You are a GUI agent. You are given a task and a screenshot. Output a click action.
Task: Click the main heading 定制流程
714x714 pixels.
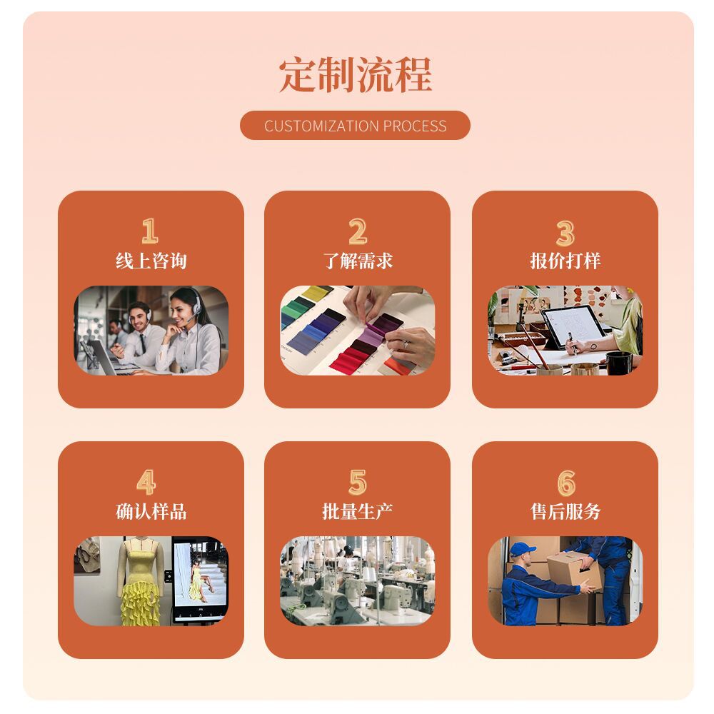[x=355, y=75]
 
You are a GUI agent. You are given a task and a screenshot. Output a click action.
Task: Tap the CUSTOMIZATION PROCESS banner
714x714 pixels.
[x=355, y=125]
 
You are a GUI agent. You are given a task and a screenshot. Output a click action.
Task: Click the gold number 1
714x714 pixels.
[x=150, y=231]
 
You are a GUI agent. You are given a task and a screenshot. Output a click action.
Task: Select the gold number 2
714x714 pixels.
[x=358, y=231]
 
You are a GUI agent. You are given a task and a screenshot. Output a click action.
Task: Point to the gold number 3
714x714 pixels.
[x=565, y=233]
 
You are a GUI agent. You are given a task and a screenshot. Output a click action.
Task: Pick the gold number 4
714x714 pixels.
[x=146, y=482]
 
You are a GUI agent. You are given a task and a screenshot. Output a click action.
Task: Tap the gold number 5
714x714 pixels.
[x=358, y=482]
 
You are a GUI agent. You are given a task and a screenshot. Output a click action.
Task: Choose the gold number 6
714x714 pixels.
[x=566, y=483]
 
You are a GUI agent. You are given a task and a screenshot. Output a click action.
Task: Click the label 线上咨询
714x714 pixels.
[x=151, y=261]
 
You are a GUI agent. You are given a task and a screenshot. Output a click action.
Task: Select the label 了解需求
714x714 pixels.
[x=358, y=261]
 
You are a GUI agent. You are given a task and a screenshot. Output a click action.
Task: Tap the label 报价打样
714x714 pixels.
[x=565, y=261]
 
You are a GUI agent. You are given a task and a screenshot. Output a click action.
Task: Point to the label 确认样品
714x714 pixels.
[x=151, y=511]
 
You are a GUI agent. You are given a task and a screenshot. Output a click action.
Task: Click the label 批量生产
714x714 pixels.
[x=358, y=511]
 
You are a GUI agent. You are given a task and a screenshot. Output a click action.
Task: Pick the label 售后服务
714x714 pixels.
[x=565, y=511]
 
